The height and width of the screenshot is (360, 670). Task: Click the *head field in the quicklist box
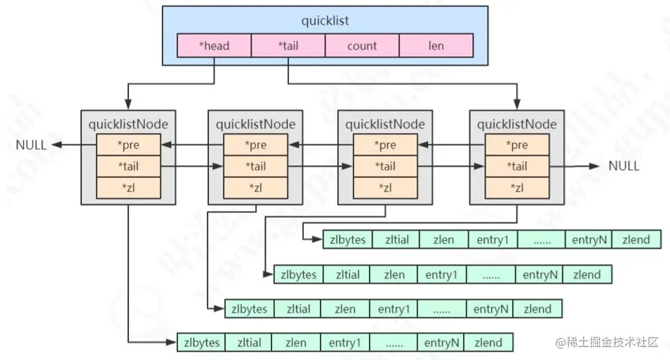[213, 46]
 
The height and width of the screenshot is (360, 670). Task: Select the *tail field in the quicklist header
[288, 46]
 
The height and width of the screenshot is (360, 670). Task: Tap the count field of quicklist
[362, 46]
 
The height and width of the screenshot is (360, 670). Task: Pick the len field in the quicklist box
[436, 46]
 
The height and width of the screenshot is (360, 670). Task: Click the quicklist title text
[325, 21]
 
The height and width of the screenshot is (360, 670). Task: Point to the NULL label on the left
[31, 145]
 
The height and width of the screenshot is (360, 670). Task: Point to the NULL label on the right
[624, 166]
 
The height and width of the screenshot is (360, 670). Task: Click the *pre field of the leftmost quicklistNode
[128, 145]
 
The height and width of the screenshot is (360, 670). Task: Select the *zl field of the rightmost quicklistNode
[517, 187]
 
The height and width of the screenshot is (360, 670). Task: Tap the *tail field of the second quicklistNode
[256, 166]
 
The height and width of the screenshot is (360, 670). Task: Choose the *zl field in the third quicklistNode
[386, 187]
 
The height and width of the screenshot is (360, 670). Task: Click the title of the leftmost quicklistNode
[128, 123]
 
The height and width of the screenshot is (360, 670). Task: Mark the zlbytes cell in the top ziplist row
[348, 240]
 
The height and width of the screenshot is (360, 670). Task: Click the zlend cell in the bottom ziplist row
[489, 342]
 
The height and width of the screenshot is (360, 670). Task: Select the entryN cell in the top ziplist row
[588, 240]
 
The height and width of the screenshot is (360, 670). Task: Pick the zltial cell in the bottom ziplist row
[249, 342]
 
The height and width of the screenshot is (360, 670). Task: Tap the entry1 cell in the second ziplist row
[441, 275]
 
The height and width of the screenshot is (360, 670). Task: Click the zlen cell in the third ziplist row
[345, 309]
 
